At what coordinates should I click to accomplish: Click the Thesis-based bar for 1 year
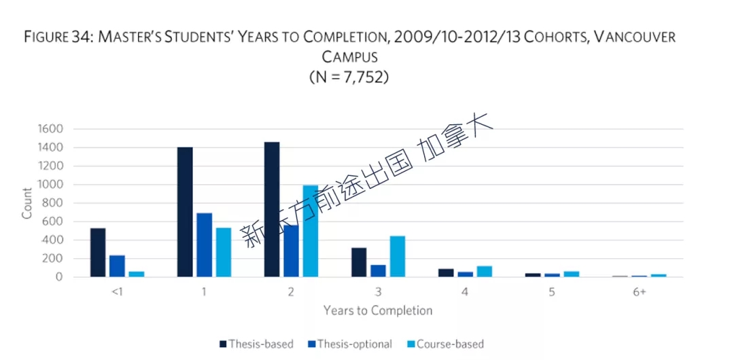click(x=185, y=212)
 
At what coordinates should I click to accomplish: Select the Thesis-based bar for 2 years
click(x=272, y=209)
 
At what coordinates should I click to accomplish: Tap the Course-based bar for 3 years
click(x=398, y=257)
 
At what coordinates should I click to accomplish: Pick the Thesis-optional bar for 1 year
click(x=204, y=245)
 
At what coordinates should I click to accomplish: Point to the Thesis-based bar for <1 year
click(x=98, y=253)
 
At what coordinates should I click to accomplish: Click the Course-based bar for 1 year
click(x=224, y=252)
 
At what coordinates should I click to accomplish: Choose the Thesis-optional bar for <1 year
click(x=117, y=266)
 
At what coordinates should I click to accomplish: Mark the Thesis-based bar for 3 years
click(x=359, y=262)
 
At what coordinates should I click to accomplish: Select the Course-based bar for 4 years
click(x=485, y=272)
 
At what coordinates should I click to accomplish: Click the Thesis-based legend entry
click(x=256, y=344)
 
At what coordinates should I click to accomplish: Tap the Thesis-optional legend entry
click(x=350, y=344)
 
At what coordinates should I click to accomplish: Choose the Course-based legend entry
click(x=445, y=344)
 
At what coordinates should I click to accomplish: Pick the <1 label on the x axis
click(x=117, y=292)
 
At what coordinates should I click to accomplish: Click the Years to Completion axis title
click(x=377, y=310)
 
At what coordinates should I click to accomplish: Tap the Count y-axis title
click(x=27, y=202)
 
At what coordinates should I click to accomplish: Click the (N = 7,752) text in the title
click(x=349, y=77)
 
